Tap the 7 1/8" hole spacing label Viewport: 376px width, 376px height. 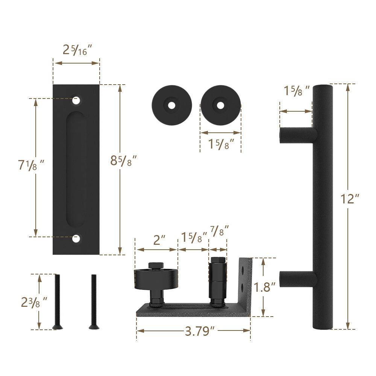tap(32, 165)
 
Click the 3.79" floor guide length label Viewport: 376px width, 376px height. tap(200, 331)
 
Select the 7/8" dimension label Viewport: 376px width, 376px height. tap(219, 230)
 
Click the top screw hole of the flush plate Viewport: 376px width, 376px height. tap(77, 100)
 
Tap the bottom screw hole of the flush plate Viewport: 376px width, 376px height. tap(77, 238)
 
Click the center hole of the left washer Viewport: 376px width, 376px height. tap(171, 106)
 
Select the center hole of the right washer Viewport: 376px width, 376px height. tap(220, 106)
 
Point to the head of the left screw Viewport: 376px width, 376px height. tap(57, 327)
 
